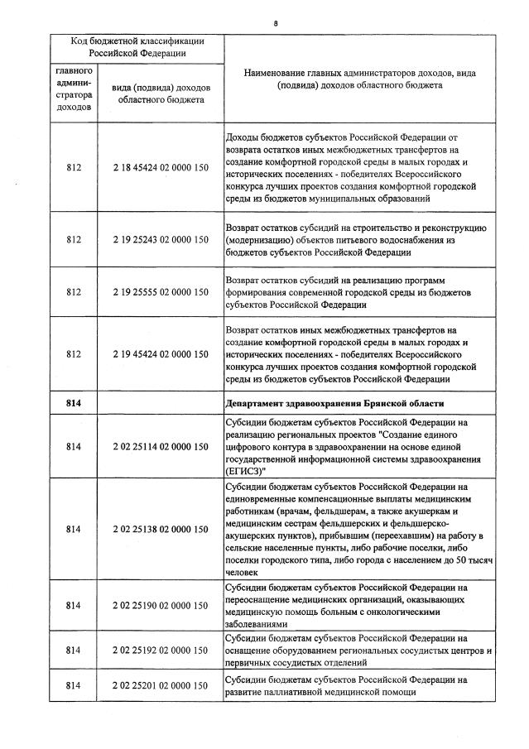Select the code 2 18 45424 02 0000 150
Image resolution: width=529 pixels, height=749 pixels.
pos(161,168)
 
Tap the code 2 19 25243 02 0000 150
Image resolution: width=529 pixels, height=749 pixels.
pos(161,240)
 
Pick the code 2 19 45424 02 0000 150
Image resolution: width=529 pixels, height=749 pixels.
pos(161,354)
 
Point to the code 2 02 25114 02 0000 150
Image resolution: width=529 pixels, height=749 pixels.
pos(161,448)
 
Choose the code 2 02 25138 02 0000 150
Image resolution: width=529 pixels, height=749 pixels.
pos(161,529)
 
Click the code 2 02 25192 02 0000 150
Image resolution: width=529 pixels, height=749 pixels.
pos(161,650)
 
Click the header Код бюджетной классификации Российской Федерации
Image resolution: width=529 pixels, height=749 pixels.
pos(137,46)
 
